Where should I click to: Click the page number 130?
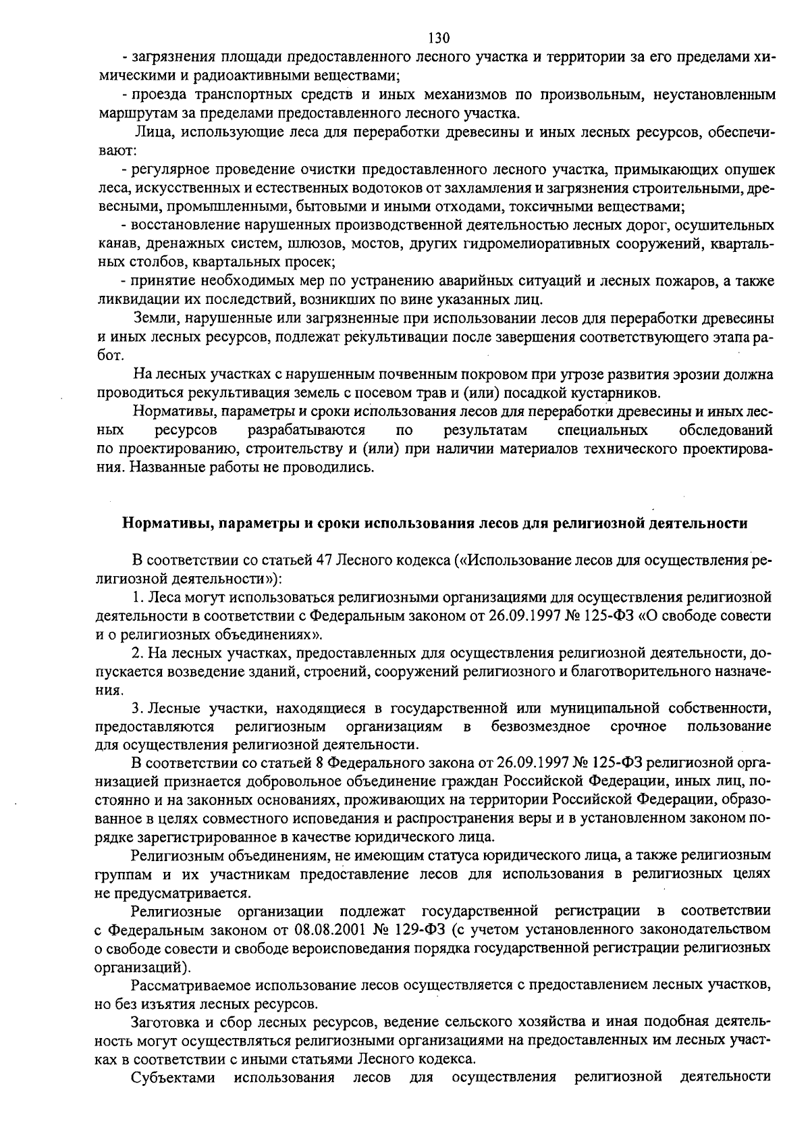click(439, 38)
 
